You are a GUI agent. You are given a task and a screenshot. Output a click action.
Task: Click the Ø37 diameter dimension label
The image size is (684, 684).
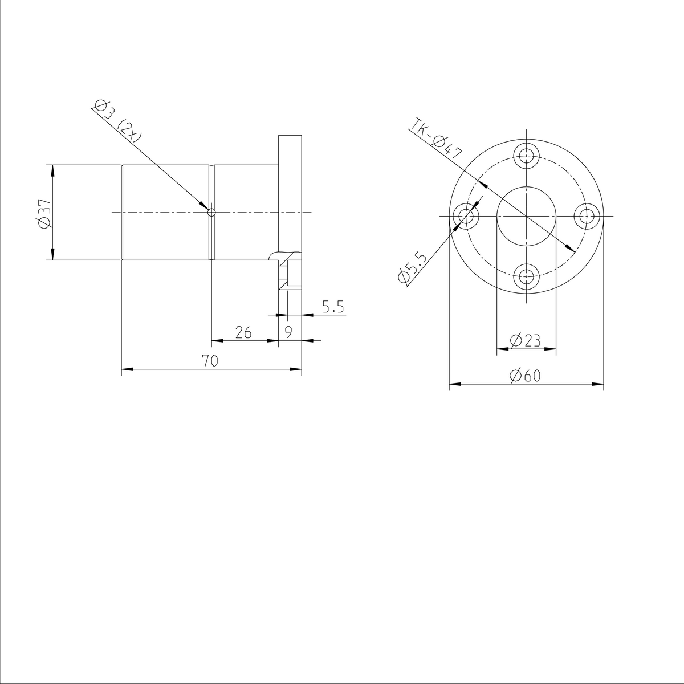(x=44, y=213)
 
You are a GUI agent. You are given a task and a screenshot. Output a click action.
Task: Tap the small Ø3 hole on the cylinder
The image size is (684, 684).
(x=211, y=213)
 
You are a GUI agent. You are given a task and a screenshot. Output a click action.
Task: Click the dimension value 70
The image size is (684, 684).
(x=210, y=360)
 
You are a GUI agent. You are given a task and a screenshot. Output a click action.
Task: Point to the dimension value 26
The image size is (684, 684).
(x=243, y=332)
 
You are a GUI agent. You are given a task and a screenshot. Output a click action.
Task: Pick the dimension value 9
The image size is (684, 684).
(x=289, y=332)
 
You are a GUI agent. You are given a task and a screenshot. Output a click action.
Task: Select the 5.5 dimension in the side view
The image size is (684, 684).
(x=333, y=307)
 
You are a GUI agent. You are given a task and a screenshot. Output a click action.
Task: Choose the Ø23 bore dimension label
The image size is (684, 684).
(x=526, y=340)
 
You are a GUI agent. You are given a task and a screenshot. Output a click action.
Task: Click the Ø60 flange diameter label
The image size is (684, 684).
(x=526, y=376)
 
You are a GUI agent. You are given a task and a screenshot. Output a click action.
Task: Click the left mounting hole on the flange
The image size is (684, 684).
(x=465, y=216)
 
